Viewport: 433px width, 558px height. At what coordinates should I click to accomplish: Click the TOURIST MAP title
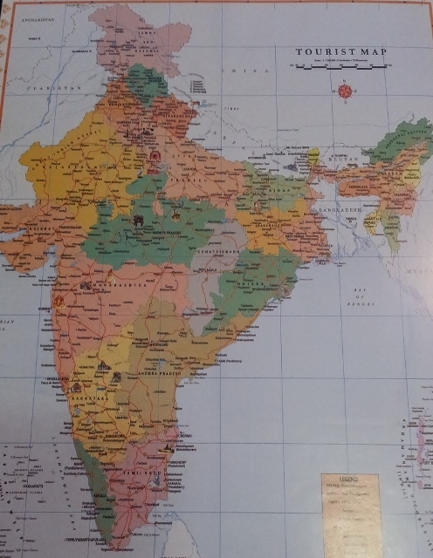click(340, 52)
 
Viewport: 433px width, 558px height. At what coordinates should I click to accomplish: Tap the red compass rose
click(346, 90)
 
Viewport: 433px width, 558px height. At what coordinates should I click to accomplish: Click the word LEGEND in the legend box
click(349, 480)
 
